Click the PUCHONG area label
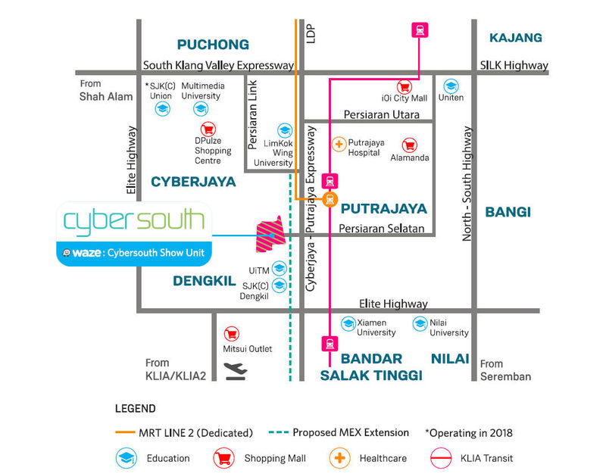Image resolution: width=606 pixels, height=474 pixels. click(213, 45)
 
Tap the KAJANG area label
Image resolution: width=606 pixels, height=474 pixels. click(516, 38)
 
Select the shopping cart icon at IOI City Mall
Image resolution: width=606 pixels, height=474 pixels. click(405, 87)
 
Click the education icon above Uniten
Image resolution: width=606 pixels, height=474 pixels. click(451, 86)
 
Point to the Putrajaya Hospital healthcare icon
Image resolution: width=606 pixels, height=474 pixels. click(339, 145)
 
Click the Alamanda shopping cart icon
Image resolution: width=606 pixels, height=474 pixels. click(409, 145)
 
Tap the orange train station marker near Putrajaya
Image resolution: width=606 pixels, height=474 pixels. click(330, 199)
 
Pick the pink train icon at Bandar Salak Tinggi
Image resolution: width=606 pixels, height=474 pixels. click(330, 344)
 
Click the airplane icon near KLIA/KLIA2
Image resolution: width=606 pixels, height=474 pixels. click(236, 371)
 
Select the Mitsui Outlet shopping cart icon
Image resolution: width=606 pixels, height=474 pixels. click(232, 334)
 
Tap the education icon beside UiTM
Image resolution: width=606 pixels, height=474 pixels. click(279, 269)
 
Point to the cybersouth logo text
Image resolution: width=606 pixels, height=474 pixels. click(134, 221)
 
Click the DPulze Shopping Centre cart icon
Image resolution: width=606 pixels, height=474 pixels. click(208, 129)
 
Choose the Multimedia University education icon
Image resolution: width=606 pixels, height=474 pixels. click(201, 109)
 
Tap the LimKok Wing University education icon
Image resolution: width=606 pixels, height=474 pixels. click(285, 130)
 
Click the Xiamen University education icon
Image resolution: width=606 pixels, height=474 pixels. click(348, 324)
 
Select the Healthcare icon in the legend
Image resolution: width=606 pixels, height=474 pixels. click(339, 458)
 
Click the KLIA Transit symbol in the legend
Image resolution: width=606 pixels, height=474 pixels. click(441, 458)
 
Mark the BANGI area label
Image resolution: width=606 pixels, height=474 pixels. click(508, 212)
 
